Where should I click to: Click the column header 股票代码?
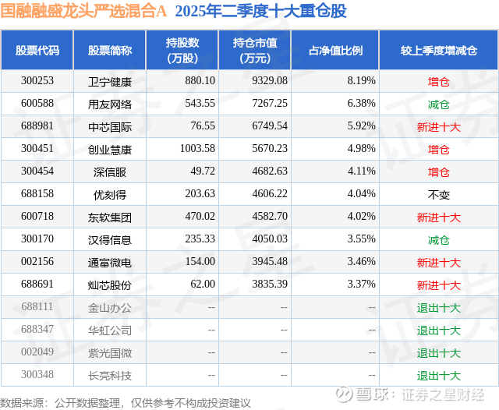[x=37, y=51]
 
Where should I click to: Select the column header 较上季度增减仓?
[x=438, y=51]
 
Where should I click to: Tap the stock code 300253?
[x=37, y=81]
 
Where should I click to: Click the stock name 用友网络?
[x=110, y=104]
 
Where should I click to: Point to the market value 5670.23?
[x=264, y=149]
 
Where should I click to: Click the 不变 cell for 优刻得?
[x=439, y=195]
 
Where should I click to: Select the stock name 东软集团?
[x=110, y=217]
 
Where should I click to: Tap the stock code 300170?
[x=37, y=240]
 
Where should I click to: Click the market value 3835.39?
[x=264, y=285]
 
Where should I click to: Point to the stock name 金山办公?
[x=110, y=308]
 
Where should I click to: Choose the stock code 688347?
[x=37, y=330]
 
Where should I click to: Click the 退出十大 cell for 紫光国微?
[x=439, y=353]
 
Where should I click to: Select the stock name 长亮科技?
[x=110, y=376]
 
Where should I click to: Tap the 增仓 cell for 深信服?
[x=439, y=172]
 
